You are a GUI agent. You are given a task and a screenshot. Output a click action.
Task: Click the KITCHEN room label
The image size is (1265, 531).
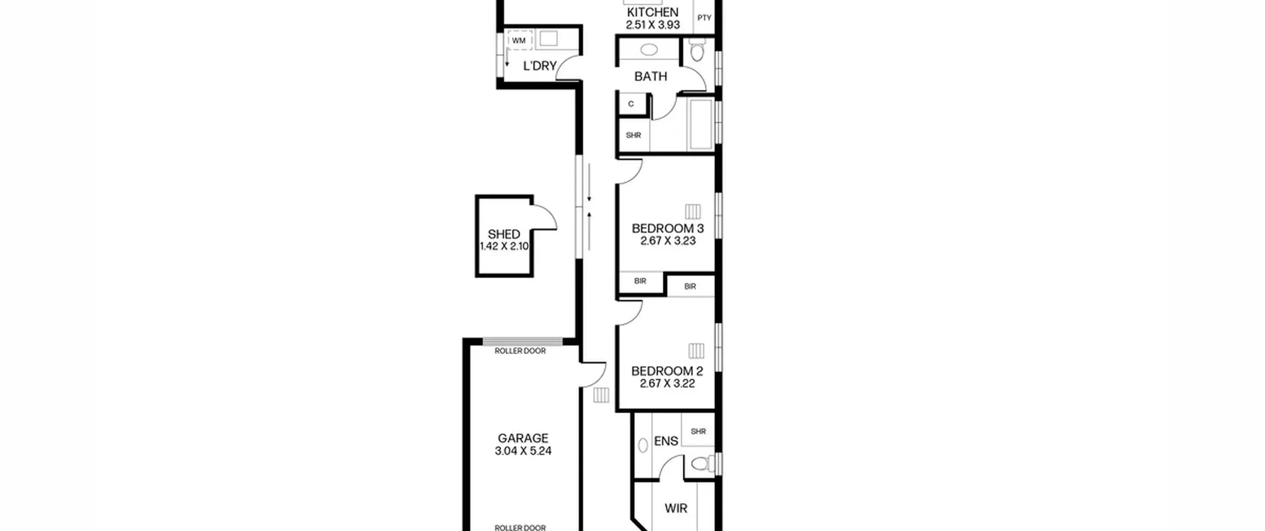pyautogui.click(x=652, y=12)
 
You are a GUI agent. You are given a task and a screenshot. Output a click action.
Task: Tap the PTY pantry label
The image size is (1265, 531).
pyautogui.click(x=704, y=18)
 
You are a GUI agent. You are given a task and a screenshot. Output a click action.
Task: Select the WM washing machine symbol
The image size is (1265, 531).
pyautogui.click(x=519, y=41)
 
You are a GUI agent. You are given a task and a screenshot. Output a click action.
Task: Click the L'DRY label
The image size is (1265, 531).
pyautogui.click(x=540, y=66)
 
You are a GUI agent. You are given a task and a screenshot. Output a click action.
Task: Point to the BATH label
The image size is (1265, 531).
pyautogui.click(x=651, y=77)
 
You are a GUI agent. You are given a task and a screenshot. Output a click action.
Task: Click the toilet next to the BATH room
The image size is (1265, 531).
pyautogui.click(x=697, y=50)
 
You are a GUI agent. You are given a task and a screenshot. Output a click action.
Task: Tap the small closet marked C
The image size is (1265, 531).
pyautogui.click(x=632, y=104)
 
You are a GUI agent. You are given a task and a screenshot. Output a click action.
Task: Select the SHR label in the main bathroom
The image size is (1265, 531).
pyautogui.click(x=633, y=135)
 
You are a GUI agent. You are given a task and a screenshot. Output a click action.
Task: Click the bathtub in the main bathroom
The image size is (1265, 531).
pyautogui.click(x=701, y=124)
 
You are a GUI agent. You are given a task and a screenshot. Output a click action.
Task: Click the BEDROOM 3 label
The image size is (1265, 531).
pyautogui.click(x=668, y=229)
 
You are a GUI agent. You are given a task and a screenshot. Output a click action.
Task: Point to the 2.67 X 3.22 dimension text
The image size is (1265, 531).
pyautogui.click(x=668, y=383)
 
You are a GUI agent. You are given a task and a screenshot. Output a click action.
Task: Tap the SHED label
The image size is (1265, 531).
pyautogui.click(x=504, y=234)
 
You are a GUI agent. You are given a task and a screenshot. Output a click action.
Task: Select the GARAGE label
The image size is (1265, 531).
pyautogui.click(x=523, y=438)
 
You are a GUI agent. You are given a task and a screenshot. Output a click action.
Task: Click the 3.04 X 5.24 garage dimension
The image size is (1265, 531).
pyautogui.click(x=523, y=450)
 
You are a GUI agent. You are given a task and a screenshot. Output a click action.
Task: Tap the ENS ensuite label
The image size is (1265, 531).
pyautogui.click(x=666, y=441)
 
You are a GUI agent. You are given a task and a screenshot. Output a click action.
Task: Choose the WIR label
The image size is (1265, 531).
pyautogui.click(x=676, y=508)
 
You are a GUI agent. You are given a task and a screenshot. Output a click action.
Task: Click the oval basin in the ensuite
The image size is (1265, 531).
pyautogui.click(x=643, y=446)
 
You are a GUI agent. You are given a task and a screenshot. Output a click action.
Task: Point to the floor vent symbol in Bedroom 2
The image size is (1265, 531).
pyautogui.click(x=696, y=351)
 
